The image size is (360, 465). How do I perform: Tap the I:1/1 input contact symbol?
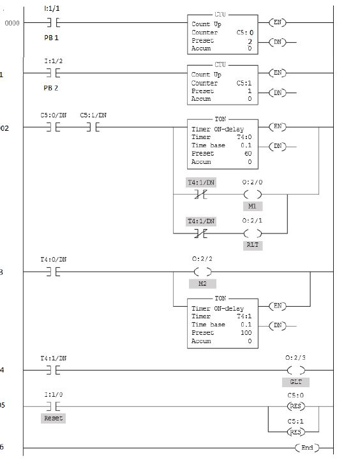[x=53, y=23]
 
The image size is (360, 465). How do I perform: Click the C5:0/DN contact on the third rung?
[x=53, y=127]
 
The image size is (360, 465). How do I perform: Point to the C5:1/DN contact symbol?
[x=93, y=127]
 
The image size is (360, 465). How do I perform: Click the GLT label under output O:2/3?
[x=296, y=382]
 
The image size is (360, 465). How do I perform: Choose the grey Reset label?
[x=53, y=418]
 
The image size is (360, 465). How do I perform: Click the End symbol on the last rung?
[x=307, y=448]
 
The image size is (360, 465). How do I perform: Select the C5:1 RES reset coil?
[x=296, y=432]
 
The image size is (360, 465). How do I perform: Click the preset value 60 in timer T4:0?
[x=248, y=154]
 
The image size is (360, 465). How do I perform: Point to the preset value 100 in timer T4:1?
[x=246, y=332]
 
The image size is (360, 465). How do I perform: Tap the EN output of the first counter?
[x=277, y=23]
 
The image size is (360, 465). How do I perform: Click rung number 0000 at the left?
[x=12, y=24]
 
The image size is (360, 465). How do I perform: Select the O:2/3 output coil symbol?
[x=296, y=369]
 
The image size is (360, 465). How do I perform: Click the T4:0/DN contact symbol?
[x=53, y=272]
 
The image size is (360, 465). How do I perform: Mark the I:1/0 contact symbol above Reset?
[x=53, y=406]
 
